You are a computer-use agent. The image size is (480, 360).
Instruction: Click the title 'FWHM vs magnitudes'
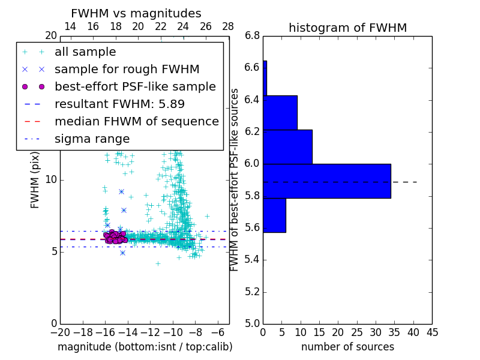coord(136,13)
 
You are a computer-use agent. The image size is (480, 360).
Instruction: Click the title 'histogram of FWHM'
coord(347,28)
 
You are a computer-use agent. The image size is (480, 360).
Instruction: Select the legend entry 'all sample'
coord(85,52)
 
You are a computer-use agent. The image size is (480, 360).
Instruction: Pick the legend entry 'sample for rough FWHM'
coord(127,69)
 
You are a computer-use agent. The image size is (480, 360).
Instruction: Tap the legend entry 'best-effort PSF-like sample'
coord(135,86)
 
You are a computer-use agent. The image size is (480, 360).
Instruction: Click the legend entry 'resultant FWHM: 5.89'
coord(119,104)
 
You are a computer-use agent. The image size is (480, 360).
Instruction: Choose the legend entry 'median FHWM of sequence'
coord(136,121)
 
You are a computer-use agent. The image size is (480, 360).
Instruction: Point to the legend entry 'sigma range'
coord(92,139)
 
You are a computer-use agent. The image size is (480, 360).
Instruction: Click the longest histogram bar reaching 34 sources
coord(326,181)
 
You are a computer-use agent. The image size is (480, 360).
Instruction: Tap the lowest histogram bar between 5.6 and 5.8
coord(274,215)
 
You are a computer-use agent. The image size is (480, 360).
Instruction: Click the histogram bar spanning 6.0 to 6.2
coord(287,146)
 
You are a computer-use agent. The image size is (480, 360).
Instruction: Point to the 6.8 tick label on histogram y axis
coord(251,36)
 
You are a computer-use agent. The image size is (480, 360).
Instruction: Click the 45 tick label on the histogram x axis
coord(431,332)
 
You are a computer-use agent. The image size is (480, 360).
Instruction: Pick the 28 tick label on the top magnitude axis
coord(229,26)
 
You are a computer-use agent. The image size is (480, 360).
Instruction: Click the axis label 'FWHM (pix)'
coord(35,179)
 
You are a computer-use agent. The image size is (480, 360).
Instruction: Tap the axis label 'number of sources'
coord(347,347)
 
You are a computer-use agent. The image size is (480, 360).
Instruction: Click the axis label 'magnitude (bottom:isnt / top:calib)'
coord(145,347)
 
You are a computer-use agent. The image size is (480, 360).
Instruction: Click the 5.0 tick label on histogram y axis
coord(251,323)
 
